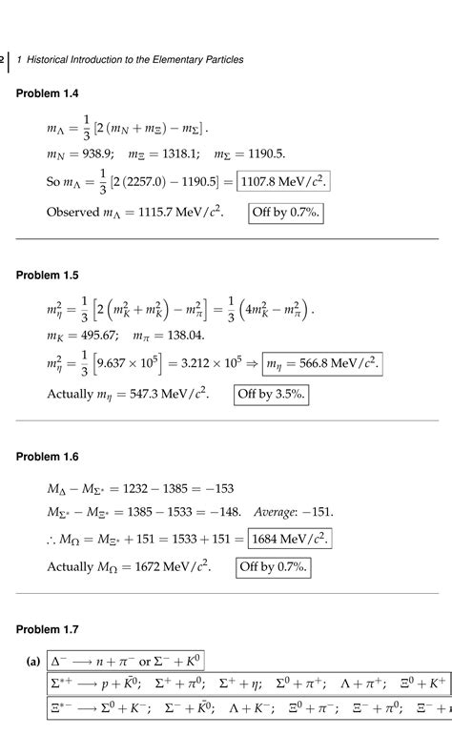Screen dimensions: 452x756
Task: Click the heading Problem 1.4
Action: tap(47, 92)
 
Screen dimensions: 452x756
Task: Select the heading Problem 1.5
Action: tap(47, 276)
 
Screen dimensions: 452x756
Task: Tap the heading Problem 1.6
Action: tap(47, 457)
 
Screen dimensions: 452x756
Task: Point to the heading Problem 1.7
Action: tap(47, 629)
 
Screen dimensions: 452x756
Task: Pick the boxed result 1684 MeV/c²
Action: tap(289, 539)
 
